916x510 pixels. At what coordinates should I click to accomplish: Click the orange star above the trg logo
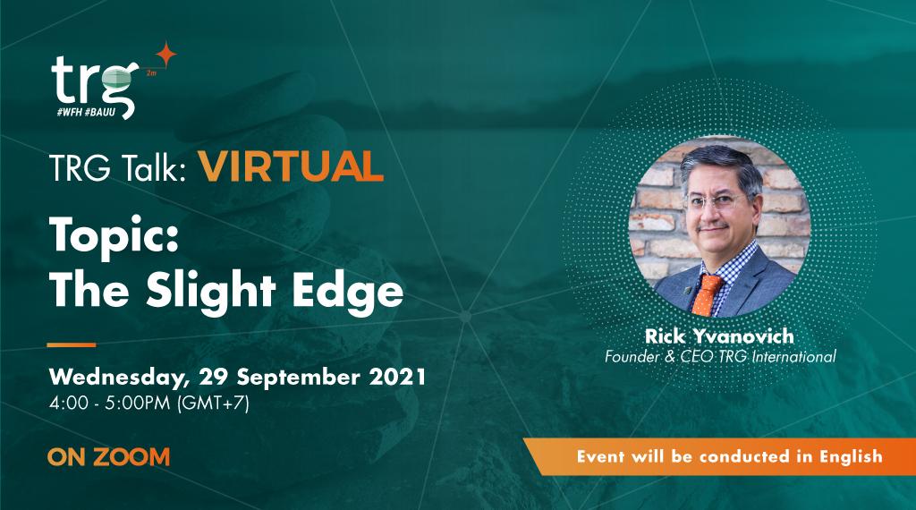(165, 55)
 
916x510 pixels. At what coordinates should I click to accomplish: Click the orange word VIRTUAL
(285, 166)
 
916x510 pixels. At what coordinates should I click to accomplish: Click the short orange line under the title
(71, 344)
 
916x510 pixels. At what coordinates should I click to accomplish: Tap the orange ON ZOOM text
(109, 457)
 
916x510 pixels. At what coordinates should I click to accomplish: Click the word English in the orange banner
(847, 456)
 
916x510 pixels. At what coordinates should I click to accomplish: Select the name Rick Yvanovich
(718, 337)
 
